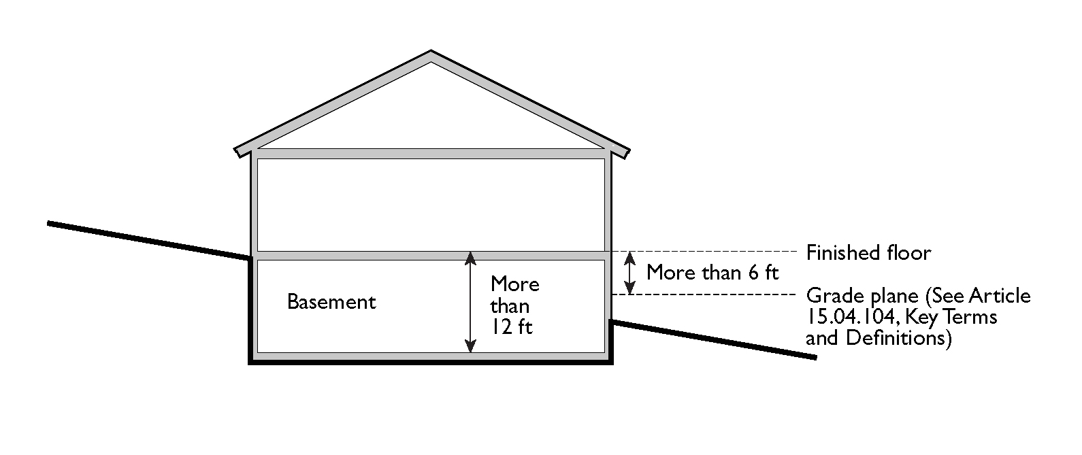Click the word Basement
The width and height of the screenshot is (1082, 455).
pos(331,301)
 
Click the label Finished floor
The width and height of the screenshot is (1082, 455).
pos(868,253)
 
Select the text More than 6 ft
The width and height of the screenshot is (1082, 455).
pos(712,273)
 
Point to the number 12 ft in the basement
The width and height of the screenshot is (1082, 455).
pos(512,326)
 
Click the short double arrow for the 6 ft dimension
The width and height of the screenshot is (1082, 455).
pos(631,273)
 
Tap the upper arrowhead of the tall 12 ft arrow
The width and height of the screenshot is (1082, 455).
pos(470,257)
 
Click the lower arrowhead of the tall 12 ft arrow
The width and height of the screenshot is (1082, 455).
pos(470,347)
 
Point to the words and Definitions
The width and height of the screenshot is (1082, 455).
pos(878,338)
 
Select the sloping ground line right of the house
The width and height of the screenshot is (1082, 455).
pos(715,339)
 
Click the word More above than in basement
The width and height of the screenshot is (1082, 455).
pos(514,284)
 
